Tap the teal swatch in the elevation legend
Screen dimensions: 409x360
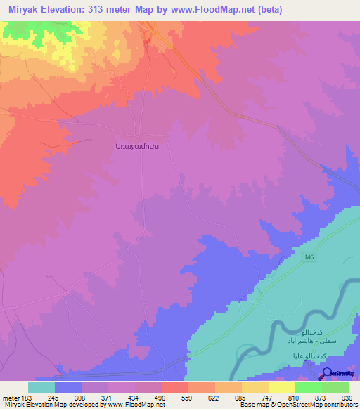pos(41,387)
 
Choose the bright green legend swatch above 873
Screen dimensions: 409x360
pos(308,387)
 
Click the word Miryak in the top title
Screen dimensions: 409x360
pos(26,10)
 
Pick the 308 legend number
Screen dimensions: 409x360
pos(81,397)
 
